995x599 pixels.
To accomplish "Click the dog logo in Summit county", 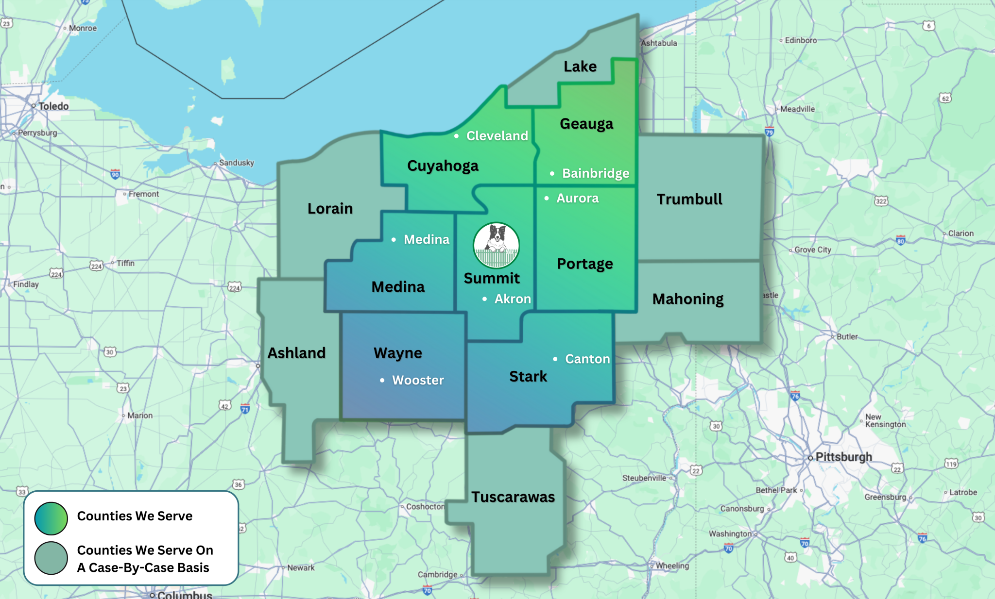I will [496, 245].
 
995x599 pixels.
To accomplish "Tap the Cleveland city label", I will [497, 136].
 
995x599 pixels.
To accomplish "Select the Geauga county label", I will [586, 124].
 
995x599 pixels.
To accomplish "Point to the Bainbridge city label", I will [595, 173].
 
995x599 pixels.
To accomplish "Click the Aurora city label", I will [577, 198].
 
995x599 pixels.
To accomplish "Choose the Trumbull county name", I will [689, 199].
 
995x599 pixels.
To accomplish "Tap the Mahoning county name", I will [688, 299].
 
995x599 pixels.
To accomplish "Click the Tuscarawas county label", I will [513, 497].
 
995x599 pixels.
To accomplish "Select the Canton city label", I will [587, 359].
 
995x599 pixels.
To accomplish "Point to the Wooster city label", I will [418, 380].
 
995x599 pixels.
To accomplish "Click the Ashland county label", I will [296, 353].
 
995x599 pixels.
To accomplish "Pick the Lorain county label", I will [330, 209].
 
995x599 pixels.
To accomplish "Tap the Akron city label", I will [512, 299].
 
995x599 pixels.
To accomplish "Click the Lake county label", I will [580, 67].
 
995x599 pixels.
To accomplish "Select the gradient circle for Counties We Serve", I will [51, 518].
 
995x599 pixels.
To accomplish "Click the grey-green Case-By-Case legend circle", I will [51, 558].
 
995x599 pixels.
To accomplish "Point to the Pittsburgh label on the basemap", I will [843, 457].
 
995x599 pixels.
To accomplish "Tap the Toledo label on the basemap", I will [53, 106].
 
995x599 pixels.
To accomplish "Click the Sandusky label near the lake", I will [237, 163].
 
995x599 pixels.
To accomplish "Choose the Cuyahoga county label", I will [443, 166].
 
